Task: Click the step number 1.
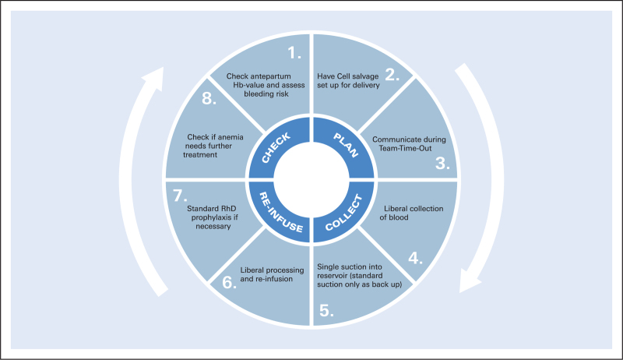click(x=294, y=53)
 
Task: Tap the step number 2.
click(x=392, y=75)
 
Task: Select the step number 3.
click(x=442, y=163)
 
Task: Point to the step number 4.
click(x=415, y=258)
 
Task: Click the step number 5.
click(x=326, y=311)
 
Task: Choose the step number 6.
click(x=229, y=283)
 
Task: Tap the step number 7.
click(x=180, y=196)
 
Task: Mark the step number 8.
click(x=209, y=98)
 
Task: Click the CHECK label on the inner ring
click(x=276, y=148)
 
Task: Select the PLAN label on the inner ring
click(x=346, y=145)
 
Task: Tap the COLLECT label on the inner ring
click(x=344, y=213)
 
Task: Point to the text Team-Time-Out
click(x=405, y=148)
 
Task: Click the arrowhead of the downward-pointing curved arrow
click(x=469, y=281)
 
